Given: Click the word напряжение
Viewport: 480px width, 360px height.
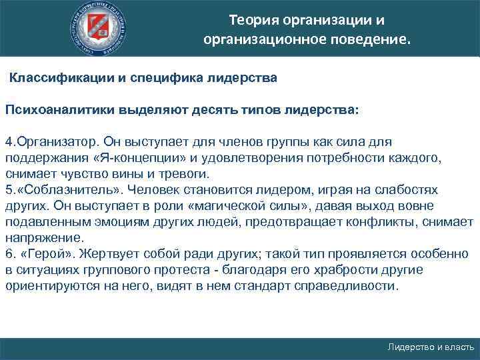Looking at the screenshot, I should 44,237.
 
